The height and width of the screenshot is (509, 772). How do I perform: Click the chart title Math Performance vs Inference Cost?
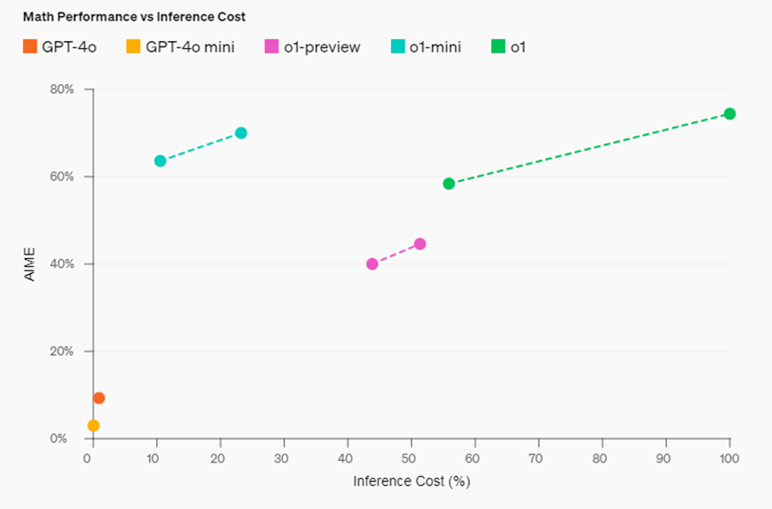tap(134, 17)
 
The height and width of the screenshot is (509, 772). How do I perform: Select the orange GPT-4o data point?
tap(99, 398)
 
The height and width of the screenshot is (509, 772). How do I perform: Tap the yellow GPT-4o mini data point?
tap(94, 426)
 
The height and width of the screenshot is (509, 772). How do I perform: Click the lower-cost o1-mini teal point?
tap(161, 161)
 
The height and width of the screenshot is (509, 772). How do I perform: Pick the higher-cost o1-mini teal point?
tap(241, 133)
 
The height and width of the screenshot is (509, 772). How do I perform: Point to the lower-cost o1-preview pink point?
tap(372, 264)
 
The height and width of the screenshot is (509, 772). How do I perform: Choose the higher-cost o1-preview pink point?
tap(420, 244)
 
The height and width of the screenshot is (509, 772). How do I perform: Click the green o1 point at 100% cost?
tap(729, 113)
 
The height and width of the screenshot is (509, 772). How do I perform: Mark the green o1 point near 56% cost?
tap(449, 184)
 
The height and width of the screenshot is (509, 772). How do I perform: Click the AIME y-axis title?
tap(29, 264)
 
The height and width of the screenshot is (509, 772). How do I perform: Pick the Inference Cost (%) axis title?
tap(411, 481)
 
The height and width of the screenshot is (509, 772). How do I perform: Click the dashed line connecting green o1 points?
tap(589, 148)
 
